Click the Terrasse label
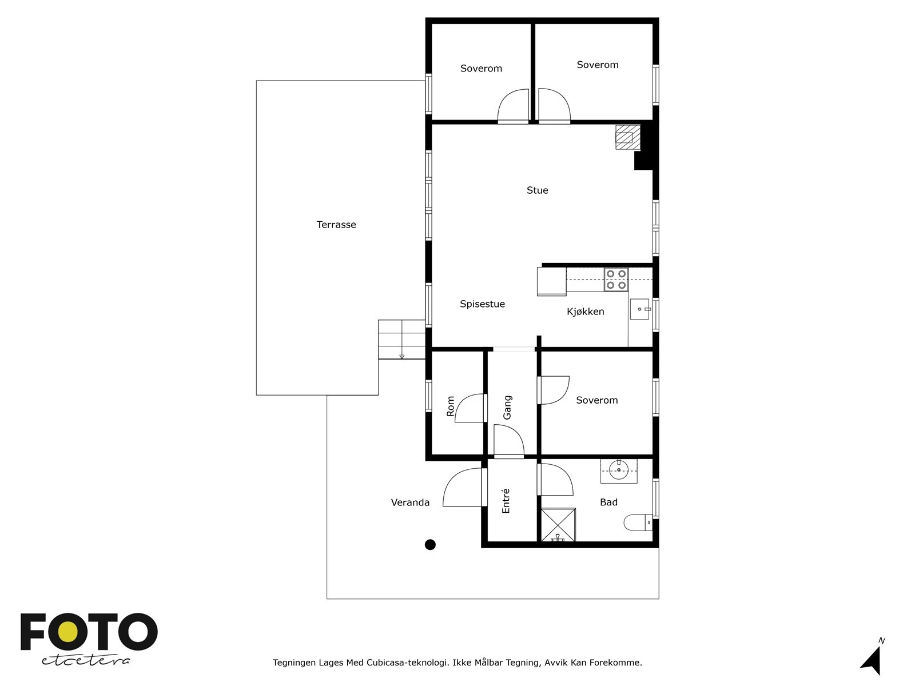coord(336,225)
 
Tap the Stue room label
coord(537,190)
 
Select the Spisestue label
coord(482,304)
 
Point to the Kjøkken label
coord(585,312)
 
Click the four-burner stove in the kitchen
coord(616,280)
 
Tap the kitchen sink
coord(639,309)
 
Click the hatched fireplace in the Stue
coord(628,137)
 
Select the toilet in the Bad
coord(638,523)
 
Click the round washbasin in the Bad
coord(619,470)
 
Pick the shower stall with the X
coord(558,525)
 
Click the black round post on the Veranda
coord(430,544)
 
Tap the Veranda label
coord(410,502)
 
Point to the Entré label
coord(506,500)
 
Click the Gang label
coord(507,408)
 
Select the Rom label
coord(450,406)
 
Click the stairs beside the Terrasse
coord(401,339)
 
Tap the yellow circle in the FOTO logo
coord(67,632)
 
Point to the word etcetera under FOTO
coord(85,660)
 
